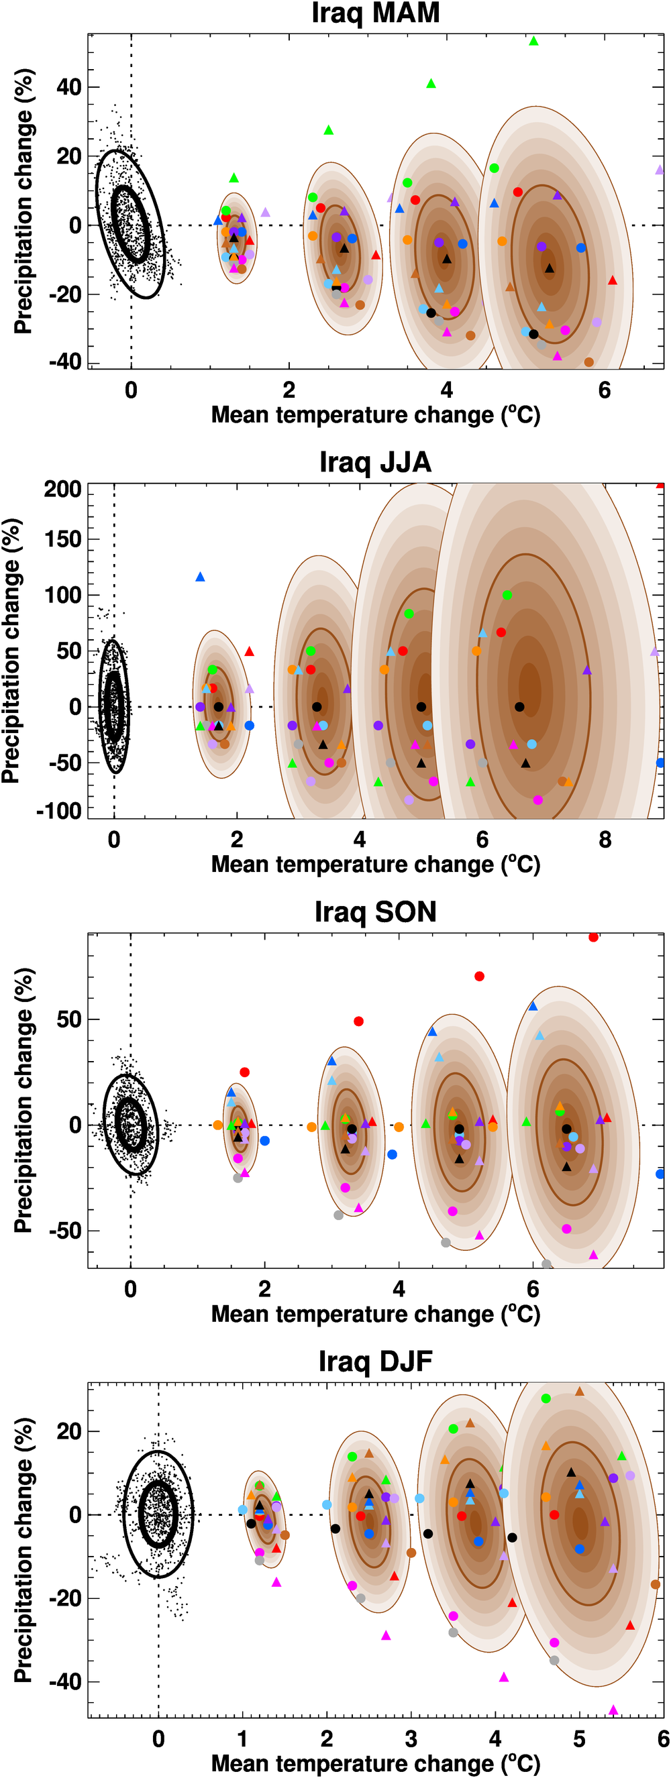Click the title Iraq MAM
point(375,13)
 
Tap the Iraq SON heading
point(375,911)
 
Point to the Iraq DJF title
point(375,1361)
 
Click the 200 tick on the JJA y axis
point(63,490)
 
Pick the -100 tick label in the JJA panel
point(59,810)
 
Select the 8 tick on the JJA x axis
point(605,840)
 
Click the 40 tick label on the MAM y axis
point(69,88)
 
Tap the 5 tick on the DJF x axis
point(578,1738)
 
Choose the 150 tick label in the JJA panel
point(63,539)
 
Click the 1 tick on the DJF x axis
point(242,1738)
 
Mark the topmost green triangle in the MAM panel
point(533,42)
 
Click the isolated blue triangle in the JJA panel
point(200,577)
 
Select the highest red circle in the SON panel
point(593,937)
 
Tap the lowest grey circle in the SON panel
point(546,1264)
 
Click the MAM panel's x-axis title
point(375,414)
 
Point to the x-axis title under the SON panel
point(375,1313)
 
